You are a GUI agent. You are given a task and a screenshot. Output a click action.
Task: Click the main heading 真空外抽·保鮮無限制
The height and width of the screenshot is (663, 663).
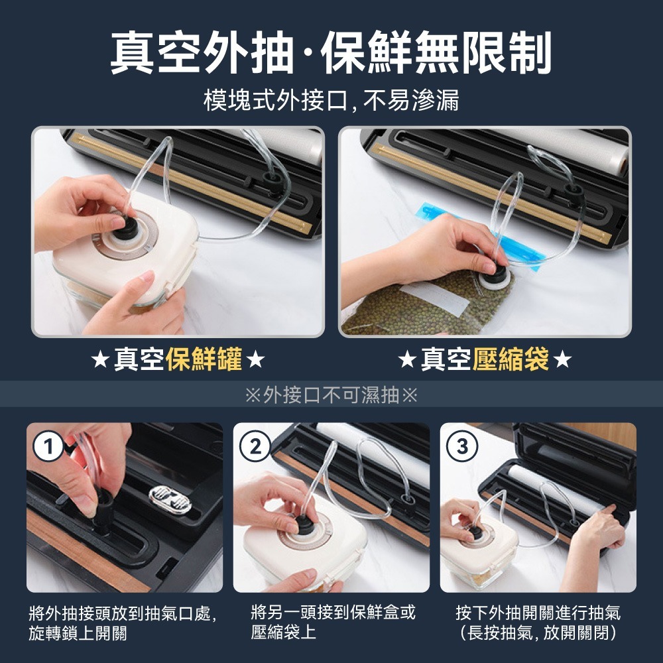331,53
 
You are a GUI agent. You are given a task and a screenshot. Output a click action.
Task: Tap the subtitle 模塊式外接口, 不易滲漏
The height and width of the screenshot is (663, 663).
331,100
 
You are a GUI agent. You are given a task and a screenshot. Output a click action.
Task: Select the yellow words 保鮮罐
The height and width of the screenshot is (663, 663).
204,359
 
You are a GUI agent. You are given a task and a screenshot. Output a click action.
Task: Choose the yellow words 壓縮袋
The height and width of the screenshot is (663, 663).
511,359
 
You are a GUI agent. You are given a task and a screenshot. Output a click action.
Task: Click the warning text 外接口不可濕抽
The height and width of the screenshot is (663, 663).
331,395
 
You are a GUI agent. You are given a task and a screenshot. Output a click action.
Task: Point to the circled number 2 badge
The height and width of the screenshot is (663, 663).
255,446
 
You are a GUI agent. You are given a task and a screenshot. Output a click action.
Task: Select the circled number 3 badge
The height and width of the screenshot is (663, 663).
461,446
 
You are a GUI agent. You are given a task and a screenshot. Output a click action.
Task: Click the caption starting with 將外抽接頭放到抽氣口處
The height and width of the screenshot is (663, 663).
123,623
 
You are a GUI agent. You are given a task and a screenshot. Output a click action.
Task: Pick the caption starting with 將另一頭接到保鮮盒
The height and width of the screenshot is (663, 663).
333,623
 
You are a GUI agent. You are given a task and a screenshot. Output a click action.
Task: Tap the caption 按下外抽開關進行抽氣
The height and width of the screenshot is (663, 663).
538,613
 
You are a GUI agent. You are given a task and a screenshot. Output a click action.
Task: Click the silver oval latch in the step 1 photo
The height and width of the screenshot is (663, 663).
170,500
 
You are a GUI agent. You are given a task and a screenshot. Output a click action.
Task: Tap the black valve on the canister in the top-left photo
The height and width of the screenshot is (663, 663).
125,229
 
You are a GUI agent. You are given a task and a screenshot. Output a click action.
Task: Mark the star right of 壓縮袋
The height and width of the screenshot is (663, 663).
562,360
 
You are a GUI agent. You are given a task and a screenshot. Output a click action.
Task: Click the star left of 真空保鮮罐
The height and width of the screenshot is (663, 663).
100,360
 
